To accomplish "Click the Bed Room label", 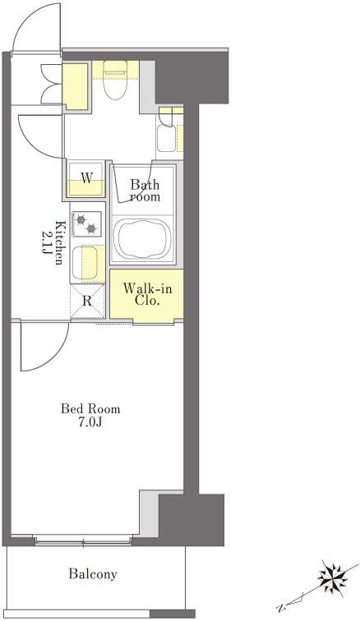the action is coord(90,408).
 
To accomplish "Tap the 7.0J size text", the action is coord(90,423).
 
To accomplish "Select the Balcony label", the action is coord(93,573).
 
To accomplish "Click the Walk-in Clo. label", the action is coord(147,294).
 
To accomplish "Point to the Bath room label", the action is coord(145,190).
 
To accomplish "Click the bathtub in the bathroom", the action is coord(143,239).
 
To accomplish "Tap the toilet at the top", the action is coord(115,79).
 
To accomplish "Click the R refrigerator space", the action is coord(87,301).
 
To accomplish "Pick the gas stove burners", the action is coord(86,223).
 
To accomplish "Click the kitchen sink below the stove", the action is coord(84,262).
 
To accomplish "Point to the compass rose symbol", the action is coord(332,579).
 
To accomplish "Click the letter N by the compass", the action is coord(281,608).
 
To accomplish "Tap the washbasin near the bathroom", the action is coord(166,138).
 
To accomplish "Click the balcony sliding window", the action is coord(83,540).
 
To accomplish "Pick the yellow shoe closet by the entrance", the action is coord(75,86).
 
